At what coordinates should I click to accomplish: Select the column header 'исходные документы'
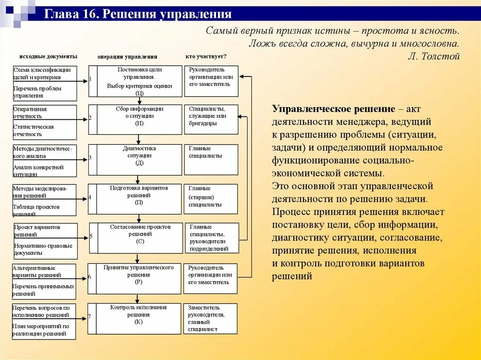(48, 56)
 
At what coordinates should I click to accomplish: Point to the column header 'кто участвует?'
(206, 56)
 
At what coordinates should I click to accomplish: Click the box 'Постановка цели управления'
(139, 81)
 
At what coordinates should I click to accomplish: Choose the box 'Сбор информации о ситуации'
(139, 119)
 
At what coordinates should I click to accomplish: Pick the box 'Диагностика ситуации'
(139, 160)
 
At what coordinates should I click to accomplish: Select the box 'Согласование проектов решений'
(140, 238)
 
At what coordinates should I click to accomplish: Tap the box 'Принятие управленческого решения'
(139, 278)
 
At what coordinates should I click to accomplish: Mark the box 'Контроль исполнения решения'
(139, 319)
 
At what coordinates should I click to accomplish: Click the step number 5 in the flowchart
(91, 235)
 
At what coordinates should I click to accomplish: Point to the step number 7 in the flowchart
(89, 317)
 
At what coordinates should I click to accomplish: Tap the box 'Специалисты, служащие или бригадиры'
(210, 119)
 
